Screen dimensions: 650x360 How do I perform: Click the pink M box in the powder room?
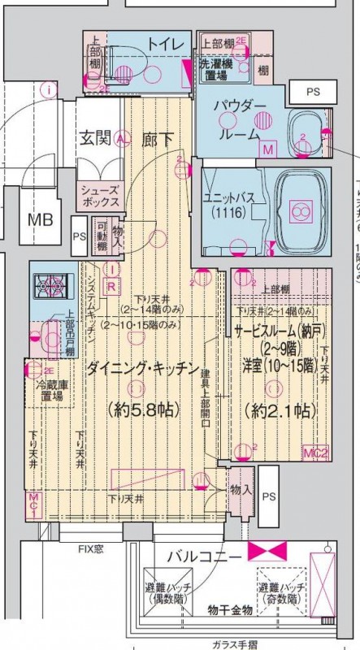pos(267,149)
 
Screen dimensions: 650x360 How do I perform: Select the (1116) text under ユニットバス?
pos(231,213)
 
